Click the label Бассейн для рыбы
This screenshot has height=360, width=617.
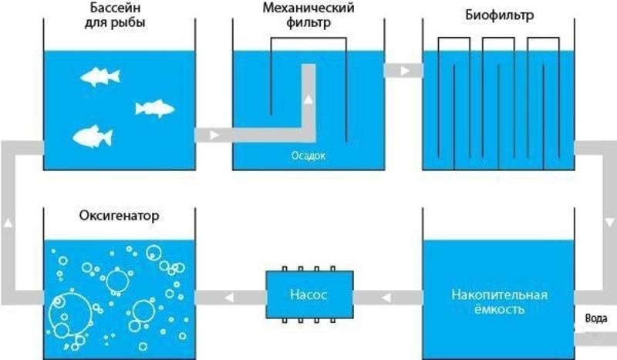[114, 16]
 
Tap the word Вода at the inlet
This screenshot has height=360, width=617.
[595, 318]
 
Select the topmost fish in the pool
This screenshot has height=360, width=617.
[98, 76]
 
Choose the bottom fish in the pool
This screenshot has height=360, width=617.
[92, 137]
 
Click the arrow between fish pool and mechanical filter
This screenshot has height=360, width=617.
[213, 136]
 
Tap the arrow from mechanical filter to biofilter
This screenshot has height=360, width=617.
[403, 71]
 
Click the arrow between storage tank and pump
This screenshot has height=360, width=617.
[386, 296]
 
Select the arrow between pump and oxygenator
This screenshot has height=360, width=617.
[229, 296]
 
